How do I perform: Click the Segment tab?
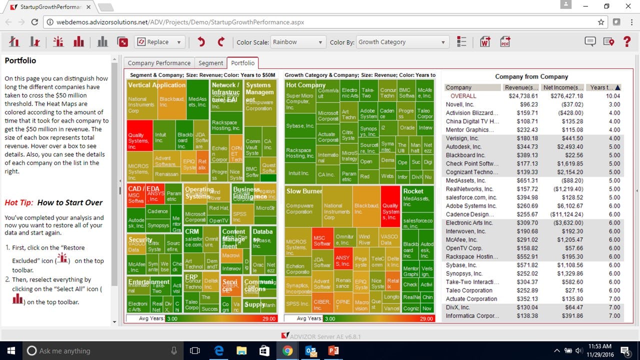click(x=210, y=63)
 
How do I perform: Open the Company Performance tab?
click(x=159, y=63)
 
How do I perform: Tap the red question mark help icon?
click(x=627, y=42)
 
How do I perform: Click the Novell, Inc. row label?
click(x=459, y=104)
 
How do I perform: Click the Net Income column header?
click(x=562, y=87)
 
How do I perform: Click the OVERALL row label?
click(x=463, y=96)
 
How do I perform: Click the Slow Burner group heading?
click(x=304, y=191)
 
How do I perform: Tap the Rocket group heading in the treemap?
click(x=413, y=191)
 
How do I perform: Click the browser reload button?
click(x=34, y=22)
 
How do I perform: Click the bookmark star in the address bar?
click(x=601, y=22)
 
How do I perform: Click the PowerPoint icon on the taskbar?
click(x=333, y=350)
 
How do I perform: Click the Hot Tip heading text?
click(x=53, y=202)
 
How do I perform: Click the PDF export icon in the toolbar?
click(x=505, y=42)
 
